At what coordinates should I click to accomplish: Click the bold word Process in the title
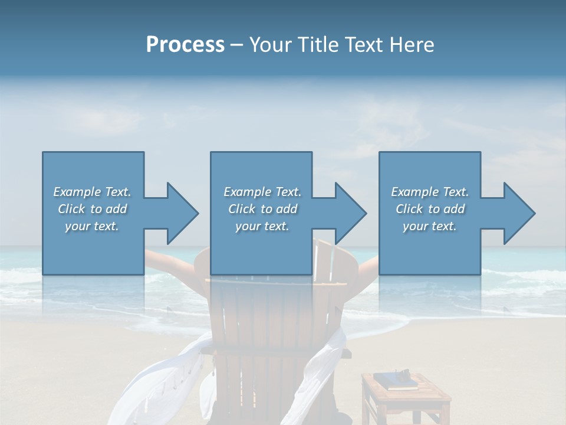coord(185,45)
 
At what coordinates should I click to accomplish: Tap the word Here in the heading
coord(412,45)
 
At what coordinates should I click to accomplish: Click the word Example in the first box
coord(77,192)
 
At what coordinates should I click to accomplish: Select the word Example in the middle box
coord(247,192)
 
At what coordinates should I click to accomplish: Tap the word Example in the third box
coord(414,192)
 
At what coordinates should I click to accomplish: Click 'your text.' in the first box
coord(92,227)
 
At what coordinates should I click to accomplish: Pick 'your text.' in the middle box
coord(262,227)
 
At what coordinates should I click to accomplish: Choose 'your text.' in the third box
coord(429,227)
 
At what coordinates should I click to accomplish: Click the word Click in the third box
coord(409,209)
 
